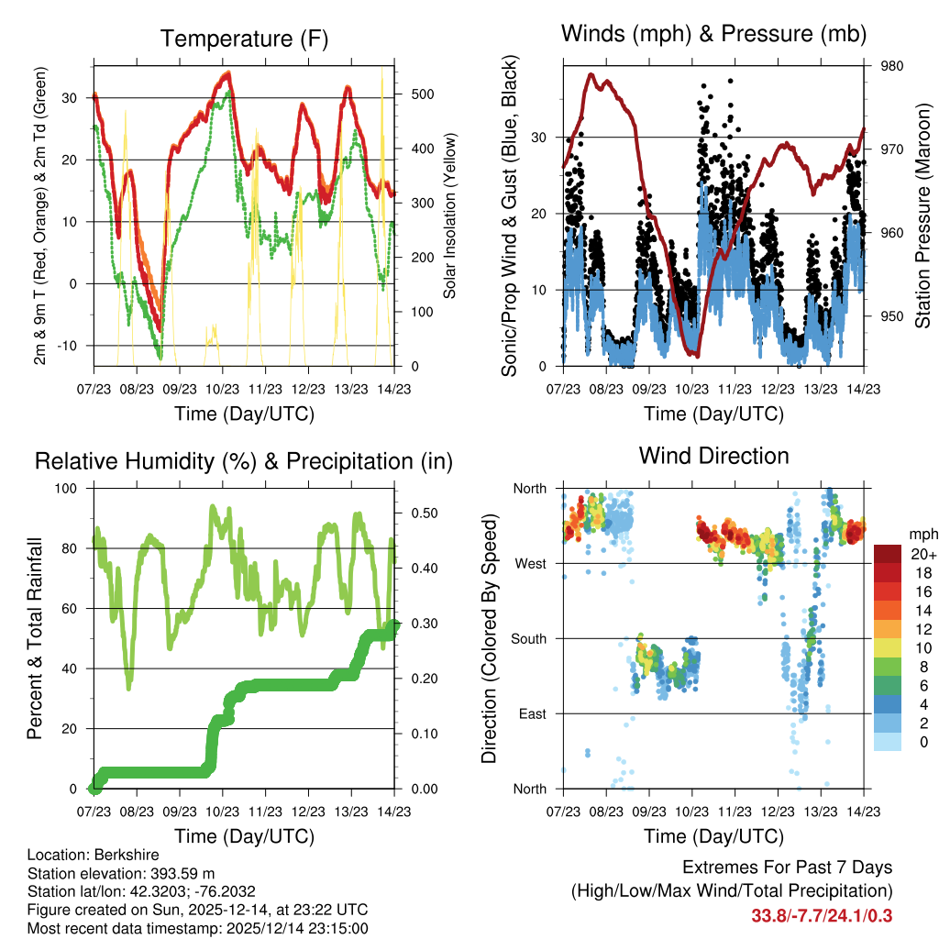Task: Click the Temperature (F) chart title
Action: [x=244, y=39]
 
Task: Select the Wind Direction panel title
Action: [x=713, y=455]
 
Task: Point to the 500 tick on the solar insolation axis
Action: [x=410, y=94]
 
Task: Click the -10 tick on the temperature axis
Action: [x=74, y=346]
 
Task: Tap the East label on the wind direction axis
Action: [x=534, y=713]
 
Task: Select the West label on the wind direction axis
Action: [x=532, y=563]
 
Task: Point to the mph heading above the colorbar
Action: [x=921, y=534]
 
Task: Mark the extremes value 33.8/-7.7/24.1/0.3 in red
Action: [x=822, y=915]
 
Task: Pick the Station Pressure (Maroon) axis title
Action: [x=922, y=216]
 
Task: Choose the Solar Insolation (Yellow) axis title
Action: [x=449, y=216]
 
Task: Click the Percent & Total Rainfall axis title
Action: [x=34, y=638]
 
